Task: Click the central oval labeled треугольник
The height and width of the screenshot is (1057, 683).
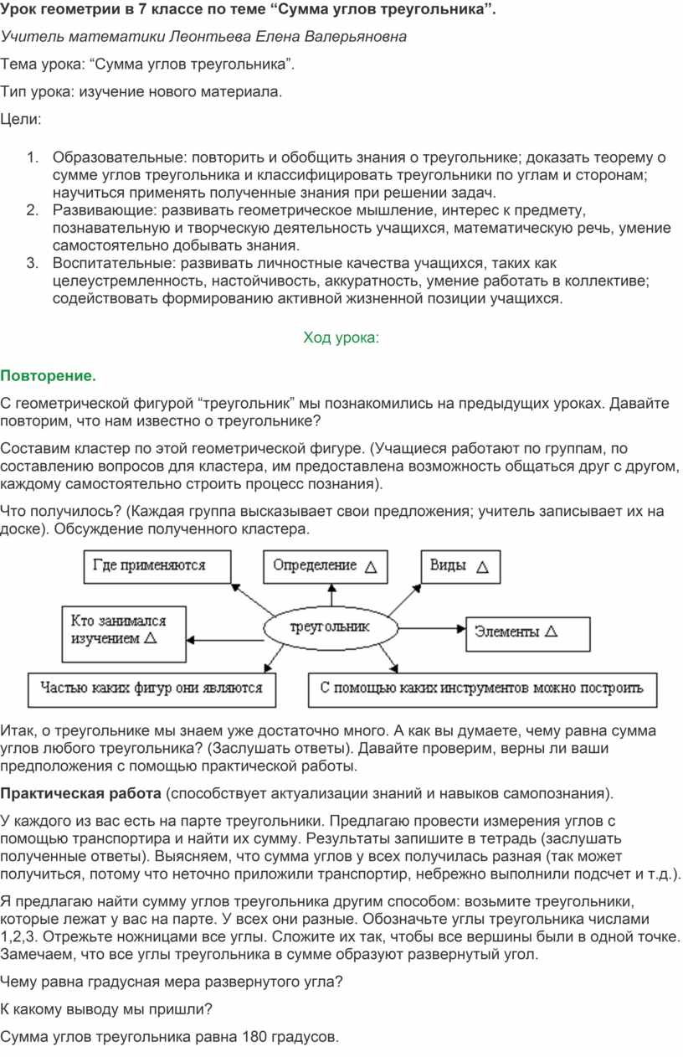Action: click(x=330, y=627)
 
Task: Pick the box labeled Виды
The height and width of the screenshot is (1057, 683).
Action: click(x=460, y=566)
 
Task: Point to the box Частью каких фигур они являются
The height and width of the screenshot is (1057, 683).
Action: click(x=147, y=688)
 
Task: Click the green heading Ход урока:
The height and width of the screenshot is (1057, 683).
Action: click(x=341, y=338)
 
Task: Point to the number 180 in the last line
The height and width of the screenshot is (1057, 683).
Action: click(x=254, y=1037)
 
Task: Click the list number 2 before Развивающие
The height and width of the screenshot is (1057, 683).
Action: click(x=31, y=209)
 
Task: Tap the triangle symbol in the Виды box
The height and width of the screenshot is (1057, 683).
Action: click(x=482, y=567)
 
